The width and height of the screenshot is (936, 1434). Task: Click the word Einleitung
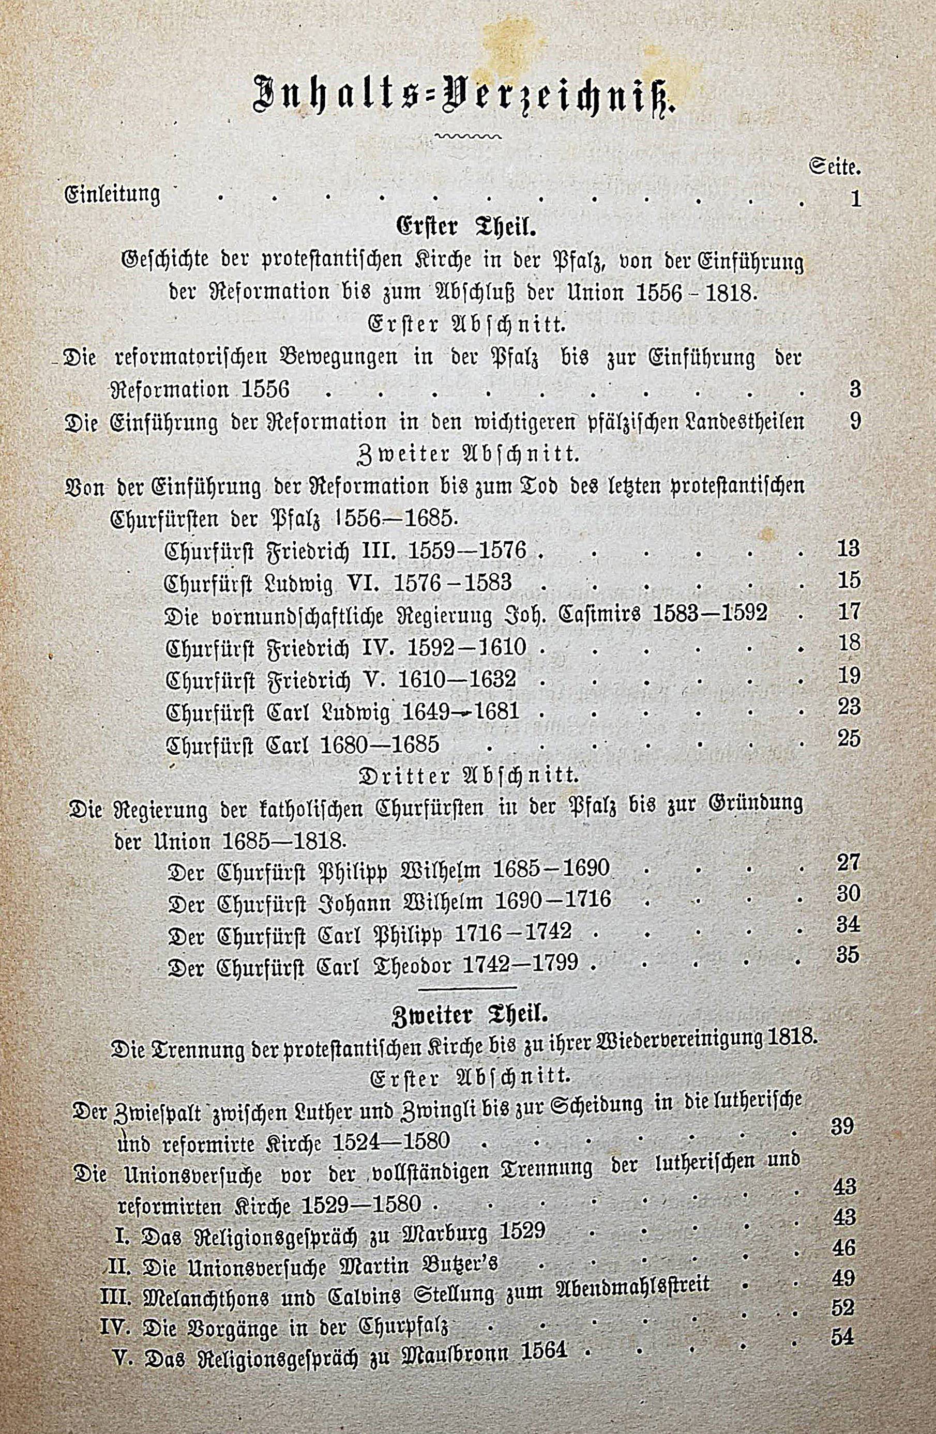click(112, 196)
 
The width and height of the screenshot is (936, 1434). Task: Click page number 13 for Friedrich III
click(848, 548)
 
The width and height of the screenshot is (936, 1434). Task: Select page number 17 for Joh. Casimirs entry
click(849, 612)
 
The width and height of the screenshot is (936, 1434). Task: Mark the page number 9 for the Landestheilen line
click(853, 420)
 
